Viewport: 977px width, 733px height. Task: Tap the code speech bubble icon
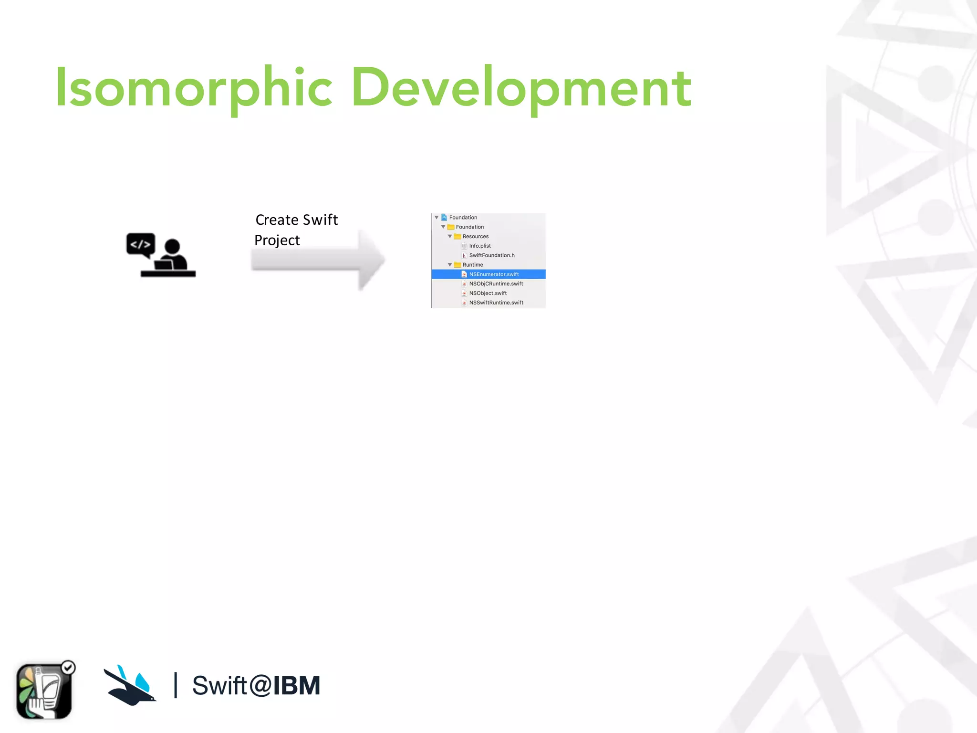click(x=141, y=244)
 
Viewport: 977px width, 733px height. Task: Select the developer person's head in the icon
click(x=172, y=247)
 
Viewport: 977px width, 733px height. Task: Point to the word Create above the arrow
click(x=277, y=220)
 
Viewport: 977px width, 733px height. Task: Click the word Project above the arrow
click(x=277, y=241)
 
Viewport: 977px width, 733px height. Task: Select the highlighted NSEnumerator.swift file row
click(x=493, y=274)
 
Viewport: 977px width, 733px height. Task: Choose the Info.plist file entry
click(x=479, y=246)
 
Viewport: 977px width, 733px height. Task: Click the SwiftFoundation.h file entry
click(x=491, y=255)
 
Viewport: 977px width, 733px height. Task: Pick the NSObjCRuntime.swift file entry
click(x=496, y=284)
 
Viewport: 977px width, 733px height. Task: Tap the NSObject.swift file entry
click(x=488, y=293)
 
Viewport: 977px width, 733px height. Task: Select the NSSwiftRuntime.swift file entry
click(x=496, y=303)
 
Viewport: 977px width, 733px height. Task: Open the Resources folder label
click(x=475, y=237)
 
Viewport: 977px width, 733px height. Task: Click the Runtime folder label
click(x=472, y=265)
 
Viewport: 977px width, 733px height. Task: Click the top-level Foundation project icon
click(x=444, y=218)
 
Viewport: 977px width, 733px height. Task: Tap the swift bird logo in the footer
click(x=130, y=685)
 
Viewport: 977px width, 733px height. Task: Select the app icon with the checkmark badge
click(x=44, y=691)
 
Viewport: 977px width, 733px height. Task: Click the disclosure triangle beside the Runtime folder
click(x=450, y=265)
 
